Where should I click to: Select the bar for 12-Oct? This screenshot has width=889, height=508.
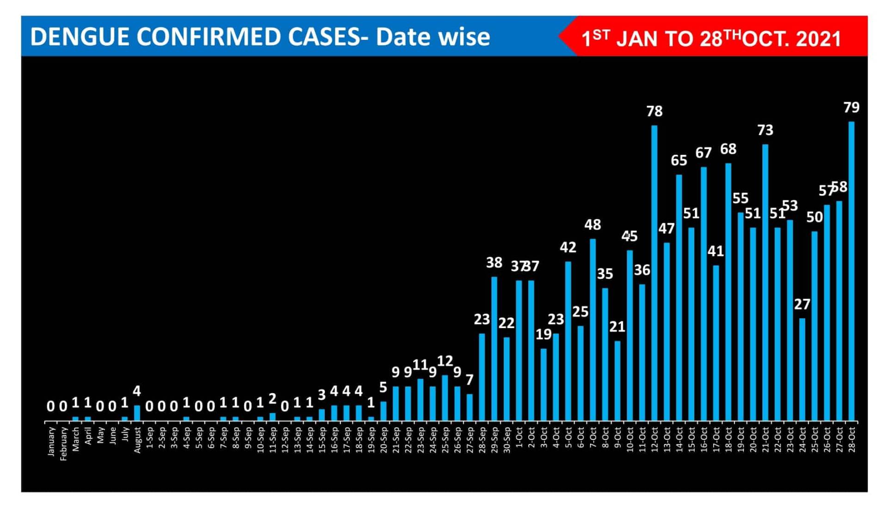tap(654, 273)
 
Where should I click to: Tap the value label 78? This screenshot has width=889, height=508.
tap(654, 111)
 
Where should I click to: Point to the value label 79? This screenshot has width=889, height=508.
tap(851, 107)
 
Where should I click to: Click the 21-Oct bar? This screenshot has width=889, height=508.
tap(765, 282)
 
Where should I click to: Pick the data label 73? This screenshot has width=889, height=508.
tap(765, 130)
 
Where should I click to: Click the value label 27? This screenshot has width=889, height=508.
tap(802, 304)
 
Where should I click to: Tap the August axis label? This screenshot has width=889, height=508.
tap(137, 440)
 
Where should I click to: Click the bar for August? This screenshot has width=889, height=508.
tap(137, 413)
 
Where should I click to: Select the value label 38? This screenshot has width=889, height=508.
tap(494, 263)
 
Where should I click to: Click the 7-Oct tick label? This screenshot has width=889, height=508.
tap(593, 437)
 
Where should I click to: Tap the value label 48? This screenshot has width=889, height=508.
tap(593, 225)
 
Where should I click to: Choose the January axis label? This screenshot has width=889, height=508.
tap(51, 441)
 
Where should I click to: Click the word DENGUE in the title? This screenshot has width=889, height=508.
tap(80, 37)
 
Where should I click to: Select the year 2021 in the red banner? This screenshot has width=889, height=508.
tap(818, 39)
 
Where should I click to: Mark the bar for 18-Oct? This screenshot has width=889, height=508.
tap(728, 291)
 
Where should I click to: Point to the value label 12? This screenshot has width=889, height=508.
tap(445, 361)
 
